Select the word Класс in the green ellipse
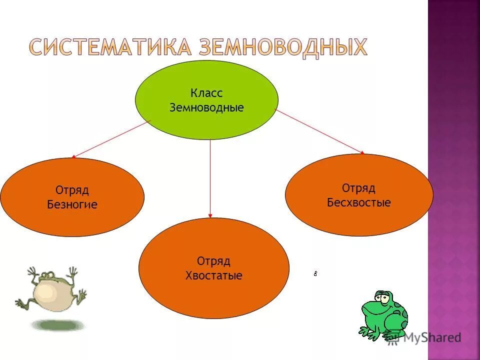[206, 93]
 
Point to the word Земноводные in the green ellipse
[206, 107]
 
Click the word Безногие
[72, 204]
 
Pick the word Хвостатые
[213, 275]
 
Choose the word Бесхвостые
[358, 202]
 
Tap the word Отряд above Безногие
[72, 190]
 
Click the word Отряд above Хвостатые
[213, 261]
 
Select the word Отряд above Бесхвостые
[358, 188]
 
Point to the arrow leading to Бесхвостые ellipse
[320, 131]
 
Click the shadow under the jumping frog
[58, 324]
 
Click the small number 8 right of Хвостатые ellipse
[316, 273]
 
